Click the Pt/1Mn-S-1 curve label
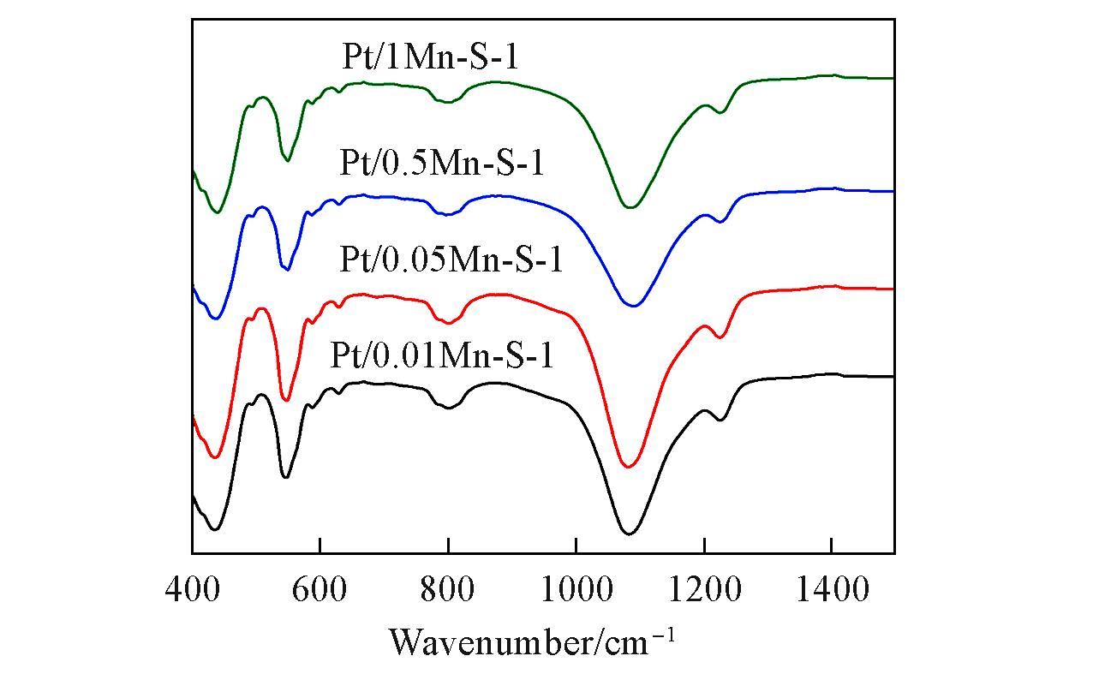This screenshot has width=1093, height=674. [426, 60]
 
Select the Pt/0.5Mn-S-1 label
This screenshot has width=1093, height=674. [441, 163]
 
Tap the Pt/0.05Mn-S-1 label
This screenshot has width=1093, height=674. [451, 258]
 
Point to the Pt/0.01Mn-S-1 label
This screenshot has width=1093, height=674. [442, 355]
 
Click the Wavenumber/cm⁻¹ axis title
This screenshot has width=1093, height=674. [532, 640]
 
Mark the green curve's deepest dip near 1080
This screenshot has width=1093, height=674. [630, 207]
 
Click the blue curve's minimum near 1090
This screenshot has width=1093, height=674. [633, 306]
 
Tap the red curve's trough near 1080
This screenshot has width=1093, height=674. [629, 467]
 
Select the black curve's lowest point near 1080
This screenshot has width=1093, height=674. [629, 534]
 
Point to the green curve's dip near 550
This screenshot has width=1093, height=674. [288, 160]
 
